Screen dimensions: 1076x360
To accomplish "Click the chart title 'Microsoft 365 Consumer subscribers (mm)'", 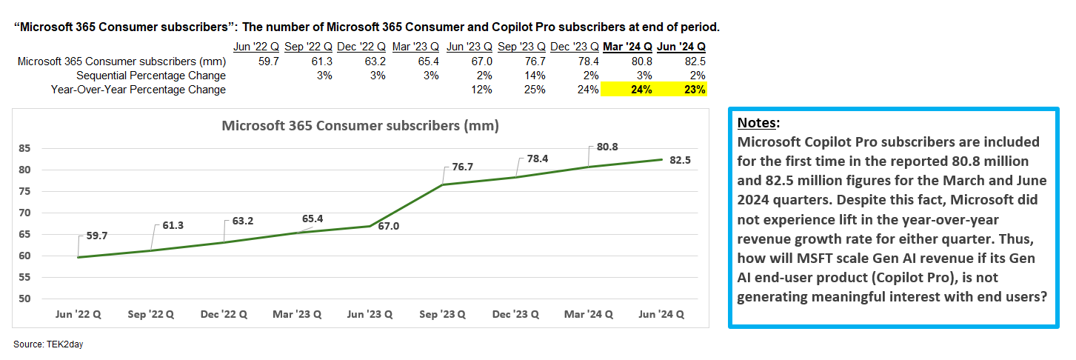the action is [x=360, y=126].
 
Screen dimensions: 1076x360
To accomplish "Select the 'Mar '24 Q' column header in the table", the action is [x=627, y=47].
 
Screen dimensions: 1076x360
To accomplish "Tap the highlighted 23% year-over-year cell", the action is [x=695, y=90].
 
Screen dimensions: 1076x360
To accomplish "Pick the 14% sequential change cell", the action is [x=535, y=76].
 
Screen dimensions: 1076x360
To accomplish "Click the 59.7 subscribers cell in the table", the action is [x=269, y=61].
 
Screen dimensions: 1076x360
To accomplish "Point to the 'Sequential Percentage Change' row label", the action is [x=151, y=76].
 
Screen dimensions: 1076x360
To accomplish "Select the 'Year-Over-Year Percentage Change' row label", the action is [x=138, y=90].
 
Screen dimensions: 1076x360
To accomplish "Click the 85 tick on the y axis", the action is [x=24, y=148].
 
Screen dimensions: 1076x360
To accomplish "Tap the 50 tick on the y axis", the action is [x=24, y=299].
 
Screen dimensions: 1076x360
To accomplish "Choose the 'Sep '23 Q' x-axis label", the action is [x=442, y=314].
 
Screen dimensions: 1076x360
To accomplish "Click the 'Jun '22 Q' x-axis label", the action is [x=78, y=314].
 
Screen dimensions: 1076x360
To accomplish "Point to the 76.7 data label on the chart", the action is [x=463, y=167].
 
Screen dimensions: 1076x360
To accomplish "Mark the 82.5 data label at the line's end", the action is [x=681, y=160].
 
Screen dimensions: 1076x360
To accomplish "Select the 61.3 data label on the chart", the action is [x=173, y=225].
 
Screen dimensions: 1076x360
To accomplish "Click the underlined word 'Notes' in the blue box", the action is [x=757, y=123].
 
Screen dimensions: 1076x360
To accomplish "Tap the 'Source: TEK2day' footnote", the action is [x=48, y=344].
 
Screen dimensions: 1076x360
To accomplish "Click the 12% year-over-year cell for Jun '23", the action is [x=481, y=90].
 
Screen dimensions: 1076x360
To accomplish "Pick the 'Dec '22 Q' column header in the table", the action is [x=361, y=47].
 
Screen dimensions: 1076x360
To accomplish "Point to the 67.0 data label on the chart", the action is [x=389, y=226].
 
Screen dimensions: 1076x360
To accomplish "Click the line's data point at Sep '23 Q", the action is [x=442, y=184].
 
